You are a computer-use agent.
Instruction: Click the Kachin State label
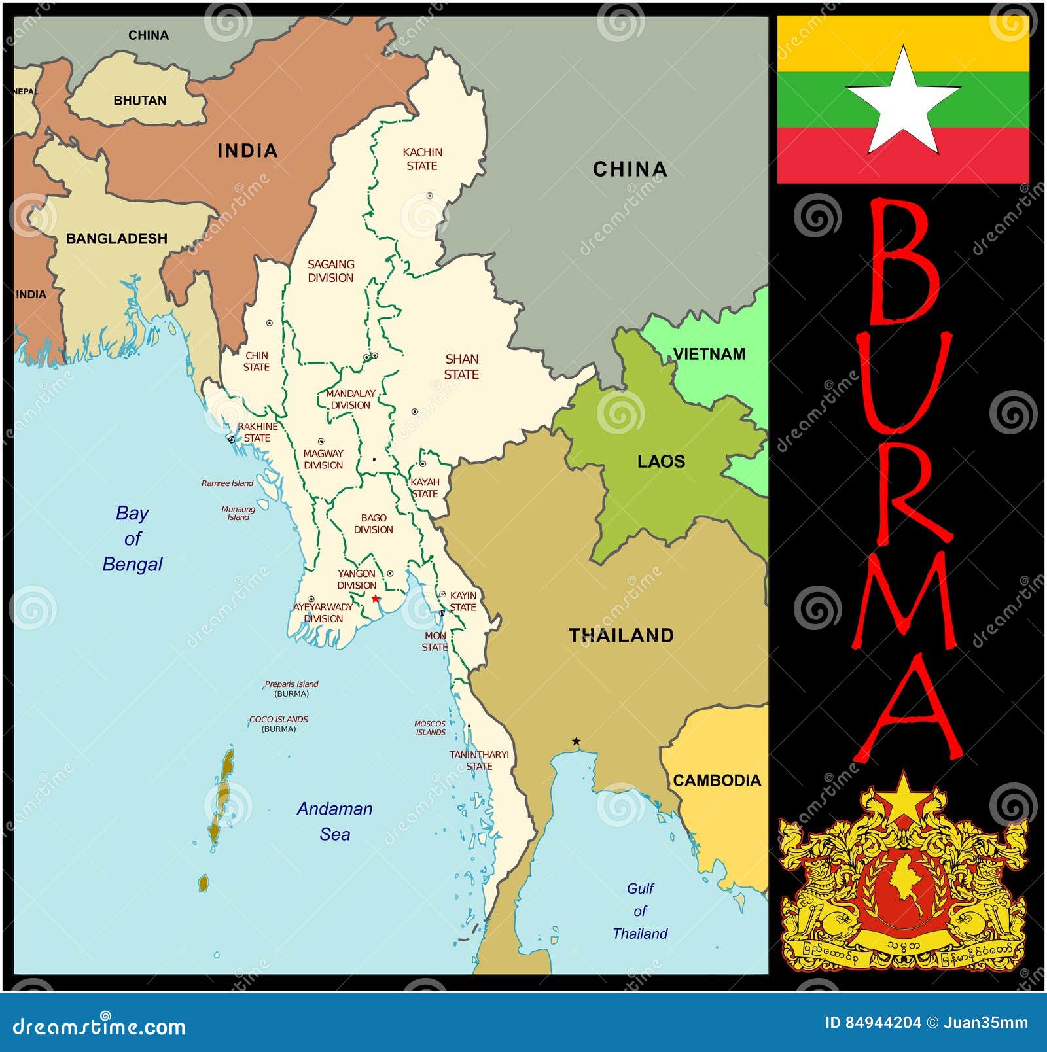point(422,159)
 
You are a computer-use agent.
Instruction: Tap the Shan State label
point(461,366)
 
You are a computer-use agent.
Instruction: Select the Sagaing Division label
point(330,271)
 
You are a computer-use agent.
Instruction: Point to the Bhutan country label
point(140,101)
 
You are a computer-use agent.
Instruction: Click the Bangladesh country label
point(116,239)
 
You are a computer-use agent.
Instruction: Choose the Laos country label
point(661,462)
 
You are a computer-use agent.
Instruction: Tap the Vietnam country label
point(709,354)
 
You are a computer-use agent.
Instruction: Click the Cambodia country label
point(717,780)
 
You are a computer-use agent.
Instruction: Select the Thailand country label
point(621,635)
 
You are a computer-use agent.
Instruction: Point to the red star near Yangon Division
point(375,599)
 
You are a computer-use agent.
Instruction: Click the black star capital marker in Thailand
point(576,741)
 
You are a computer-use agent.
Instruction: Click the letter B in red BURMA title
point(903,262)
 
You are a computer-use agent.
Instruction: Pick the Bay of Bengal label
point(132,538)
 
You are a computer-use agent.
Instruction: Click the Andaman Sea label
point(334,821)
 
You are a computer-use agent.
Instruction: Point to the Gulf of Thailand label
point(640,911)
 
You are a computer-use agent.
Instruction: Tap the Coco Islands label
point(279,724)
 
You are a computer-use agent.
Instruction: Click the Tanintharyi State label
point(479,760)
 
